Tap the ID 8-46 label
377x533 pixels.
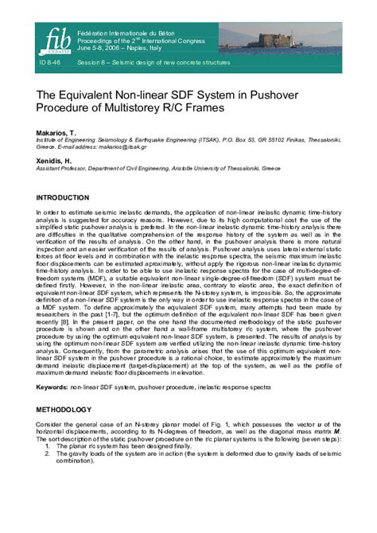point(52,62)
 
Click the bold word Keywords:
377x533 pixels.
point(52,387)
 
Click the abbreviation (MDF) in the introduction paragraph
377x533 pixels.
point(119,282)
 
